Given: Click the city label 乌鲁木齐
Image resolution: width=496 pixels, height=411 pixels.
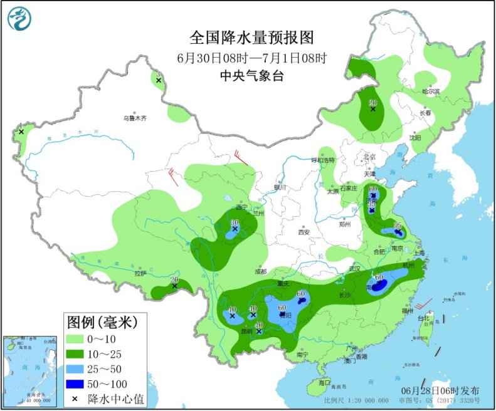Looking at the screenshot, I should [x=134, y=118].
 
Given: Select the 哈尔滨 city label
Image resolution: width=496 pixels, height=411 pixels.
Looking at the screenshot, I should [x=431, y=91].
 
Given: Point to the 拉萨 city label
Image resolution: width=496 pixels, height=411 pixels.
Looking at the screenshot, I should [x=140, y=273].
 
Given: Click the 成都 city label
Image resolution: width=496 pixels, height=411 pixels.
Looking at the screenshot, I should [x=261, y=271].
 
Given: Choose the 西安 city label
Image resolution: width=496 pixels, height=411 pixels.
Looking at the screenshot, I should [x=304, y=232].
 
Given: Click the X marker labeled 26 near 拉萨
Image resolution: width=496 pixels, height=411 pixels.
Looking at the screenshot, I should [x=174, y=286].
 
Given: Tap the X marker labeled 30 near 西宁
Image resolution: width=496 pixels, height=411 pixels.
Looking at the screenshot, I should [x=235, y=229].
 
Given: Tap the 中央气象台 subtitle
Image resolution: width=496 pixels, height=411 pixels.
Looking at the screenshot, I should [x=251, y=77].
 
